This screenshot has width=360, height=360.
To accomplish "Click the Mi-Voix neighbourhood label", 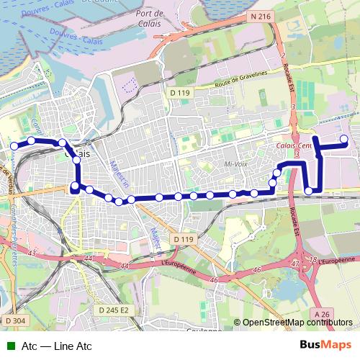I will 235,163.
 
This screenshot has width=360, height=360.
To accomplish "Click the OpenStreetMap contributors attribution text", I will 298,323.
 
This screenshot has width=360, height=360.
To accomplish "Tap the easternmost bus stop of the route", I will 344,139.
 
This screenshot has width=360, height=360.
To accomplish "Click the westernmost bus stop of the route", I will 14,146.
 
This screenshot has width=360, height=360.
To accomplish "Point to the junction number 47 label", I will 295,265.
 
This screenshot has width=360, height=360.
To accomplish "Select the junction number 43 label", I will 31,253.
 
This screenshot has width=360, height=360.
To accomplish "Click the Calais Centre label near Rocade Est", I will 294,145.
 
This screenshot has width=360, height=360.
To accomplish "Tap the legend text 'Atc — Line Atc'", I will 57,346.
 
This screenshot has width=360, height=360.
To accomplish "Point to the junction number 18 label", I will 312,259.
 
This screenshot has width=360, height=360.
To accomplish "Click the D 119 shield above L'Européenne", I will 183,238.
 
